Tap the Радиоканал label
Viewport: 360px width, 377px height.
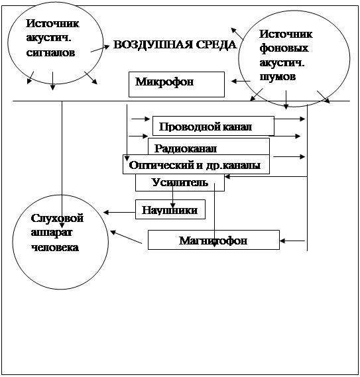(186, 148)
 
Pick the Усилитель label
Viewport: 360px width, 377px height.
(180, 182)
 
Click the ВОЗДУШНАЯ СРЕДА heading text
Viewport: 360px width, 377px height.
(175, 44)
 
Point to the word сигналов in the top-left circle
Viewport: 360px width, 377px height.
(50, 52)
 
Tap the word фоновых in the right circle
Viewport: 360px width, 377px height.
(284, 48)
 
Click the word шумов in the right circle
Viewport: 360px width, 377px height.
(278, 77)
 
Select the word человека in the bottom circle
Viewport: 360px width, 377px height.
(55, 247)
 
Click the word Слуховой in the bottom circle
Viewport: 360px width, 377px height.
(57, 218)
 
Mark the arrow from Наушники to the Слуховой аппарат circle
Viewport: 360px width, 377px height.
(119, 212)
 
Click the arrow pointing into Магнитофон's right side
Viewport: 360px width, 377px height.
(292, 241)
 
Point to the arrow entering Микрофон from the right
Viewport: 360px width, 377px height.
(241, 81)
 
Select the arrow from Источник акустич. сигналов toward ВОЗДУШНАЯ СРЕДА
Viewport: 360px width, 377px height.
(100, 48)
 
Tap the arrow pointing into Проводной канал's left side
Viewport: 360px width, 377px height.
(141, 119)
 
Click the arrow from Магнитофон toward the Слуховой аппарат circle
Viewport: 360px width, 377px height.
(126, 237)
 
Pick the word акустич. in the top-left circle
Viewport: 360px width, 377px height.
(48, 38)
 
